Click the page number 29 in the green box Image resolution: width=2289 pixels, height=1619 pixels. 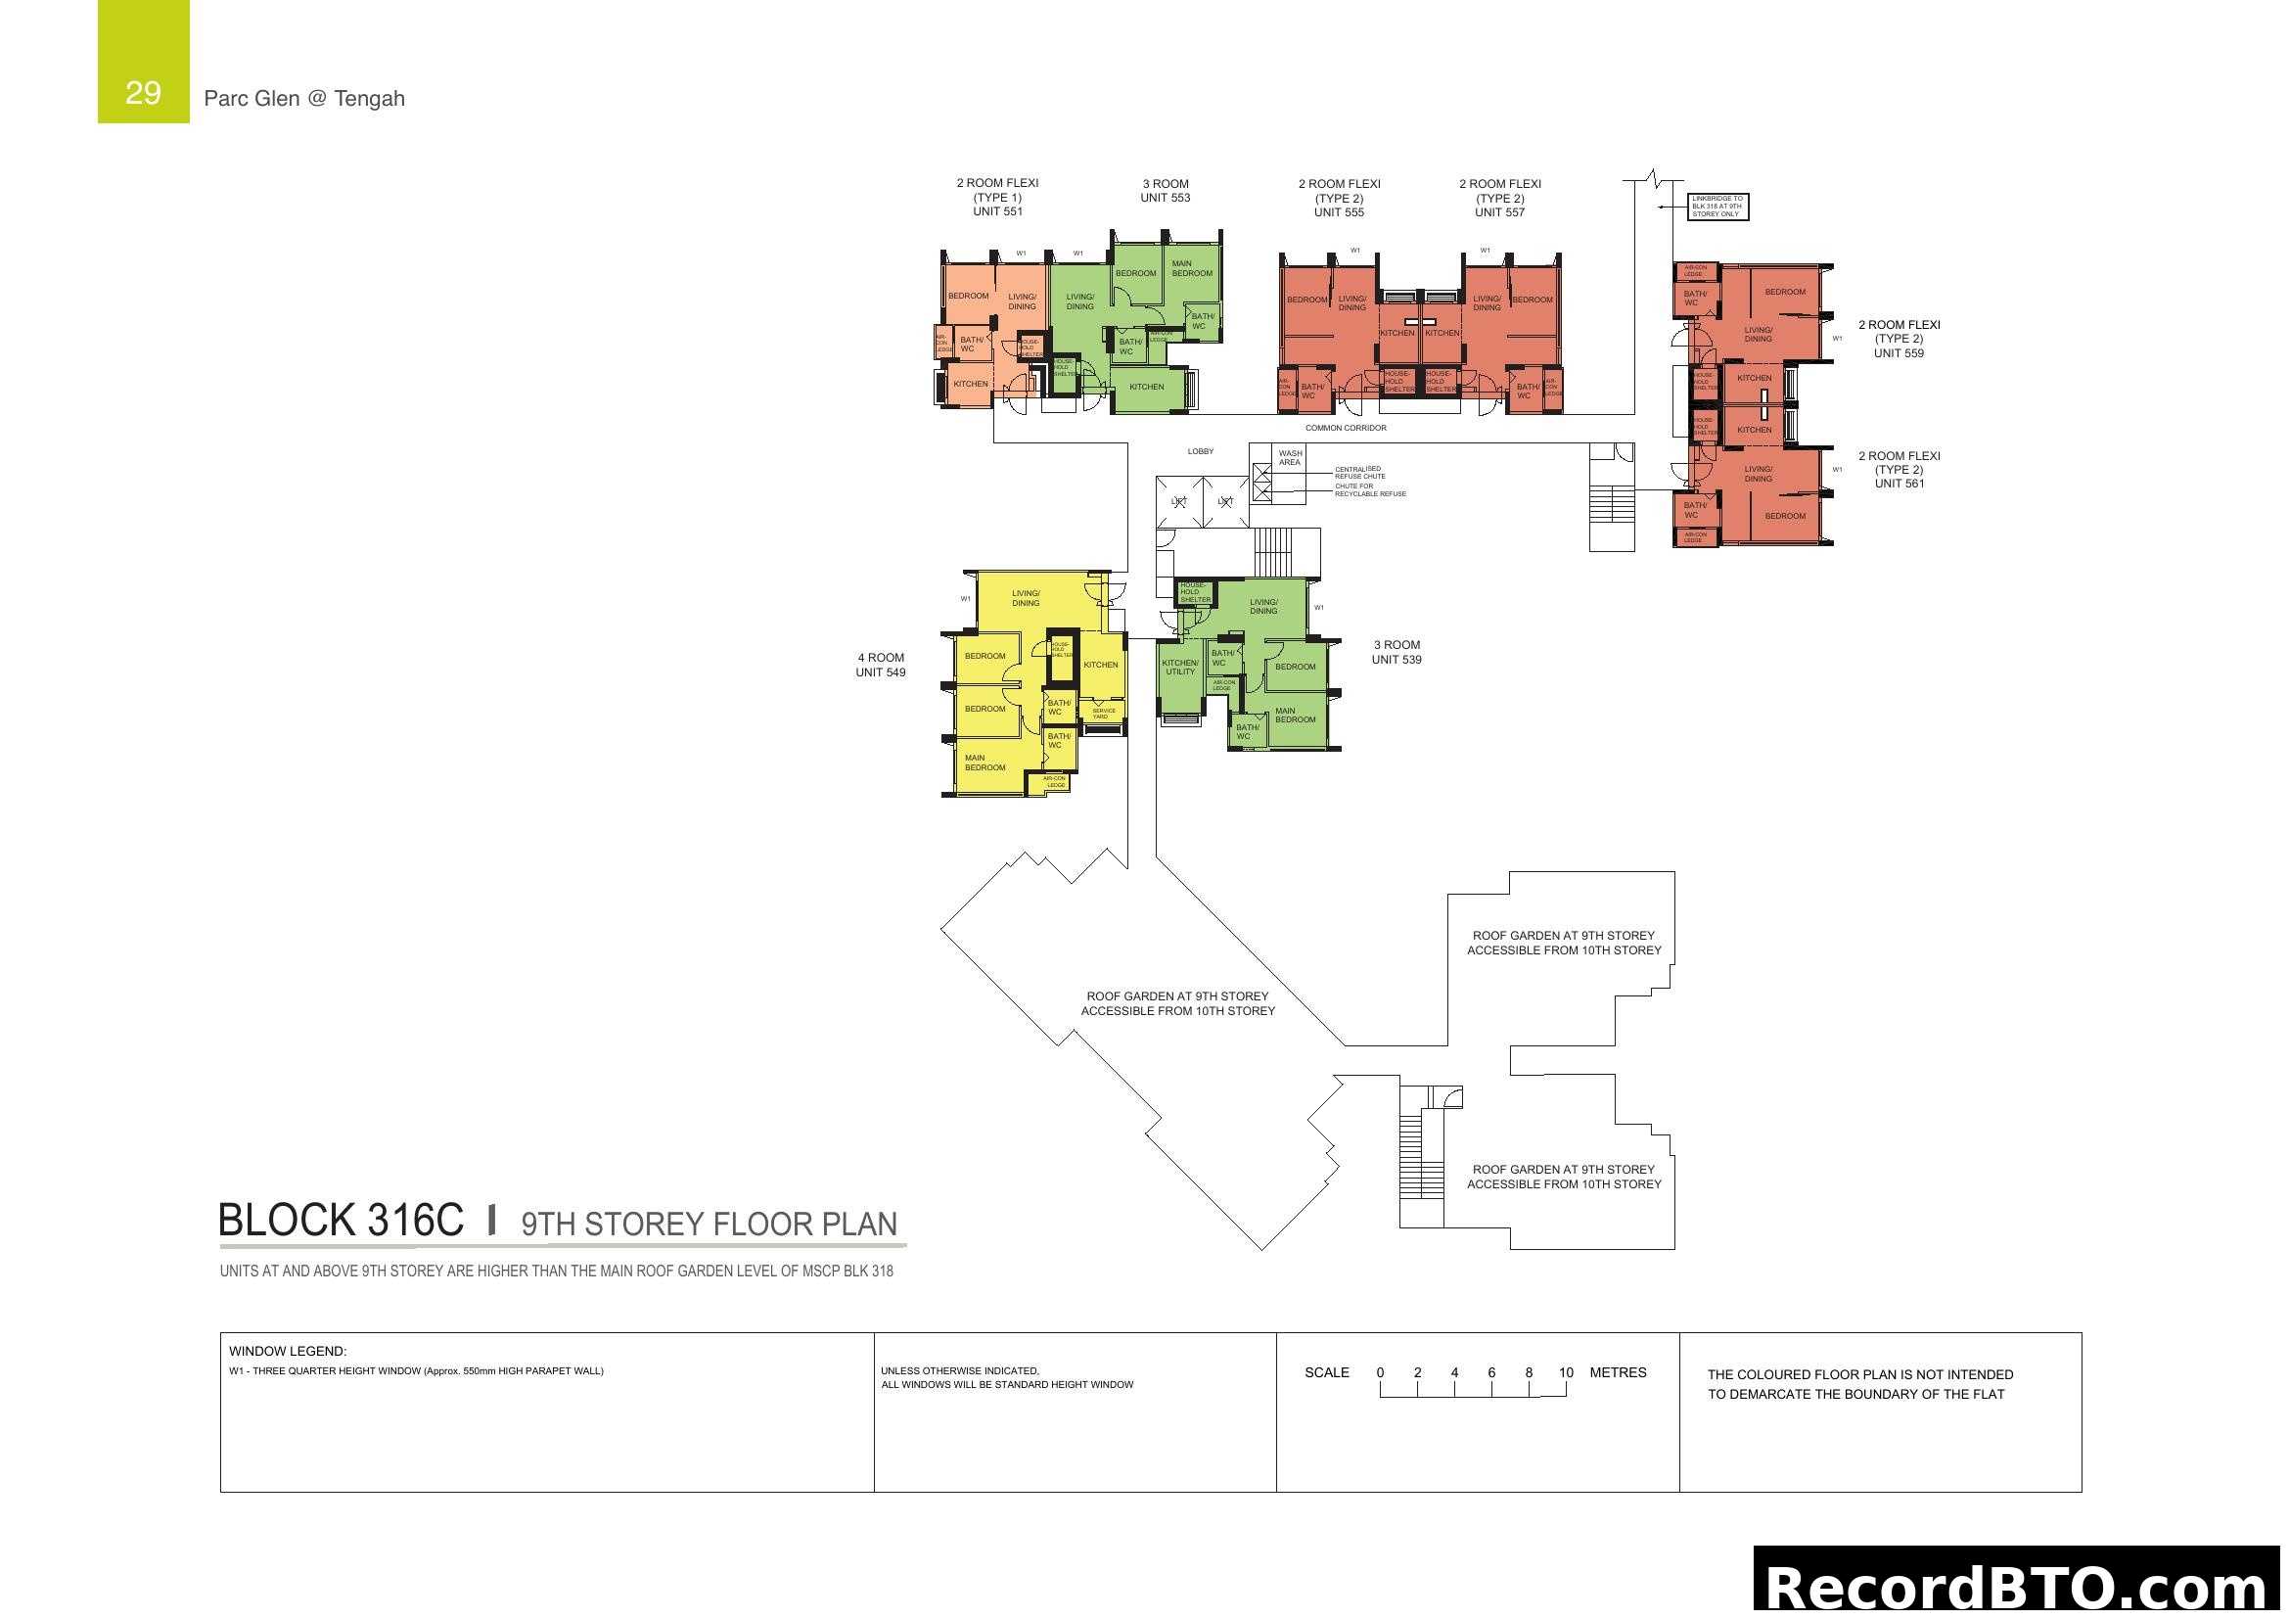pyautogui.click(x=143, y=93)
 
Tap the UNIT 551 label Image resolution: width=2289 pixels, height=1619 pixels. pyautogui.click(x=997, y=211)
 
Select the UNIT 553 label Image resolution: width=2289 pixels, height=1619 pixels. pyautogui.click(x=1166, y=198)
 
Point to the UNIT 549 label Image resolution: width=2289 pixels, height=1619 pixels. pyautogui.click(x=881, y=671)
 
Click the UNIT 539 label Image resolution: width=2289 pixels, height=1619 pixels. pyautogui.click(x=1396, y=659)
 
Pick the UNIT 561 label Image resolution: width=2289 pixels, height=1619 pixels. pyautogui.click(x=1899, y=484)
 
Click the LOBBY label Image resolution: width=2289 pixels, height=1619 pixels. pyautogui.click(x=1201, y=451)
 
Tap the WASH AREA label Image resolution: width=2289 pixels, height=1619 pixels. pyautogui.click(x=1290, y=457)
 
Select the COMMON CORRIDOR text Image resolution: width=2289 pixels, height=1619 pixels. pyautogui.click(x=1346, y=428)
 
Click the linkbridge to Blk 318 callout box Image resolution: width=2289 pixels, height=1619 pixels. pyautogui.click(x=1717, y=207)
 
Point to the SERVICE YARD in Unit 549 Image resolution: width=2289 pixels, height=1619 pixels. pyautogui.click(x=1104, y=714)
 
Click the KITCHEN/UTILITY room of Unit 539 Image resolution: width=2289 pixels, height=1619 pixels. pyautogui.click(x=1180, y=667)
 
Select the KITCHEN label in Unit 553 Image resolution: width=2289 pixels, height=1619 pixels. pyautogui.click(x=1147, y=387)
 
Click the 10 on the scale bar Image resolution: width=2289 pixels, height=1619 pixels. pyautogui.click(x=1565, y=1372)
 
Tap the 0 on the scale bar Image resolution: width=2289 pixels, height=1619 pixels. pyautogui.click(x=1380, y=1372)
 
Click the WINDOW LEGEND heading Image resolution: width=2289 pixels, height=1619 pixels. pyautogui.click(x=287, y=1352)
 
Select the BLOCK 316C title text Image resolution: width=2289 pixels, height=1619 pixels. pyautogui.click(x=341, y=1221)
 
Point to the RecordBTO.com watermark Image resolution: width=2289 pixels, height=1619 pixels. pyautogui.click(x=2020, y=1586)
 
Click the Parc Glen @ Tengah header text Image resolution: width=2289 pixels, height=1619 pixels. pyautogui.click(x=304, y=98)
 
